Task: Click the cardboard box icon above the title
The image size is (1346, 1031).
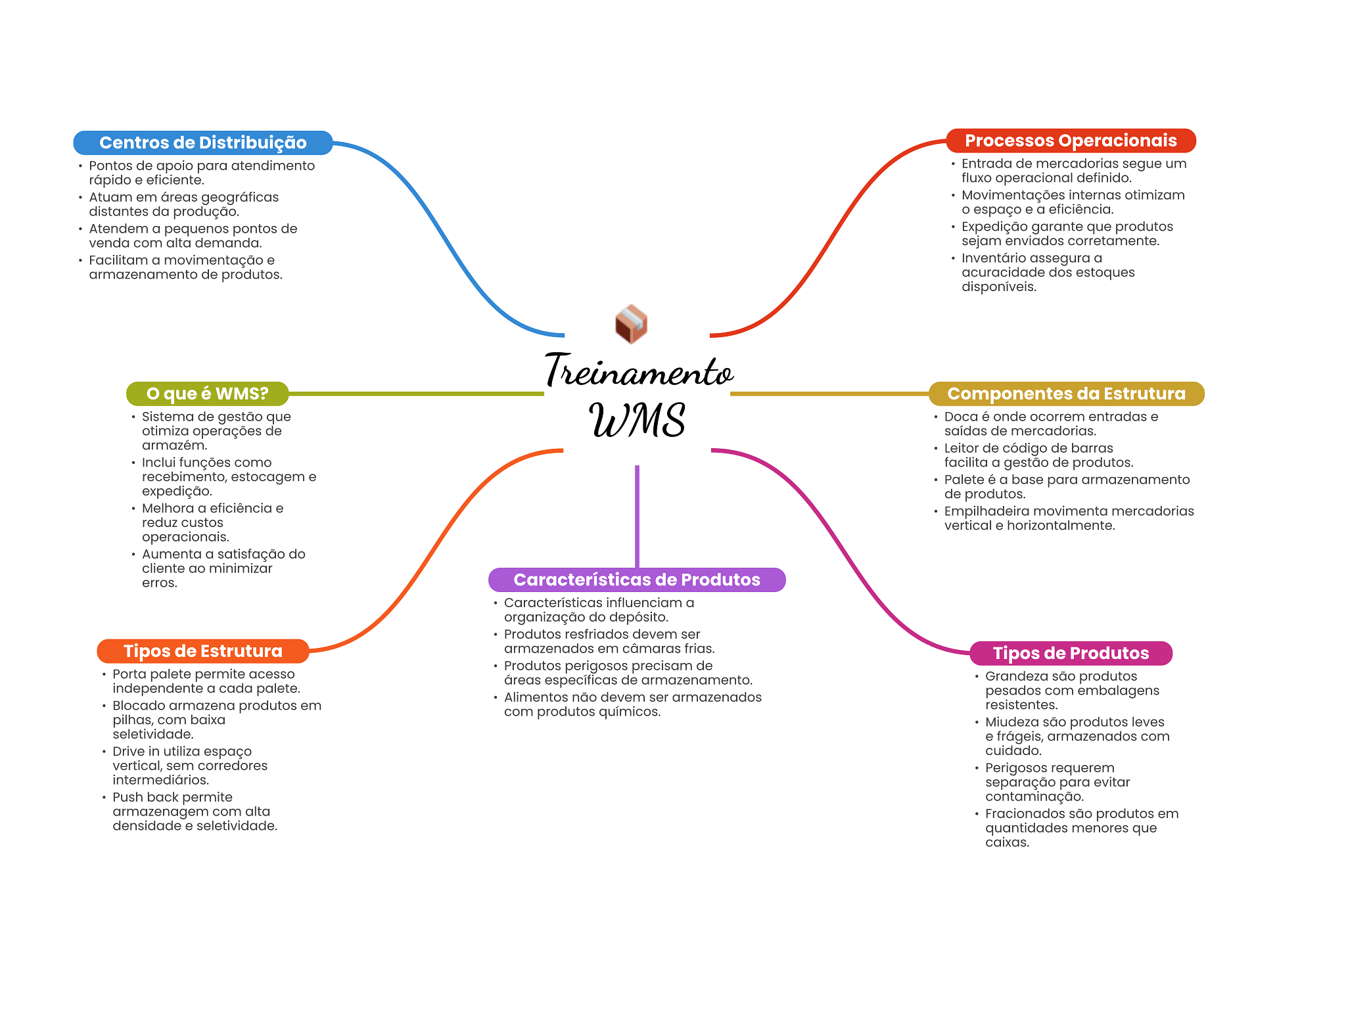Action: point(631,324)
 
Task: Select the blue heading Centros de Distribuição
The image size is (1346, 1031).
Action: point(202,143)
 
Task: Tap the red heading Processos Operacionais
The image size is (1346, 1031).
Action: point(1070,141)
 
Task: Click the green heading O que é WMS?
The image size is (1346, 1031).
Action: point(207,394)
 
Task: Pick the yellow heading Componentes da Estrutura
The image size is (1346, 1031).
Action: point(1066,394)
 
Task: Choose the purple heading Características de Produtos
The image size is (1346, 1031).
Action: point(636,580)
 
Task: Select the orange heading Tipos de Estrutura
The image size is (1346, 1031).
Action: point(202,651)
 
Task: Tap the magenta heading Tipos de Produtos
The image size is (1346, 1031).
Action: point(1071,653)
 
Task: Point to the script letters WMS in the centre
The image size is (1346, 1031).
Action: point(637,421)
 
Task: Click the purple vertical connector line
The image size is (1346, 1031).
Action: point(637,516)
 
